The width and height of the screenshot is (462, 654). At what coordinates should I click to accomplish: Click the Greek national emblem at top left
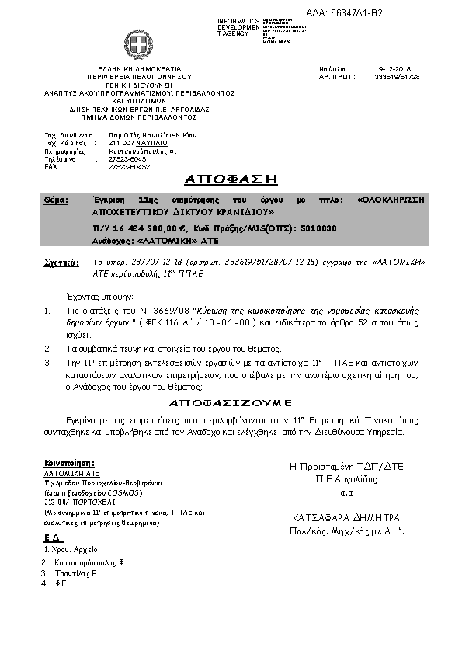coord(140,43)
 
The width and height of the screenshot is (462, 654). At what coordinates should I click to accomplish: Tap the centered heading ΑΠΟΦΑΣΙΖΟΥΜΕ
coord(231,404)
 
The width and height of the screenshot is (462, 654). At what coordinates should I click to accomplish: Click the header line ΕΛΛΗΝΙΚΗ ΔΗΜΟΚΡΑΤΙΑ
coord(140,68)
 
